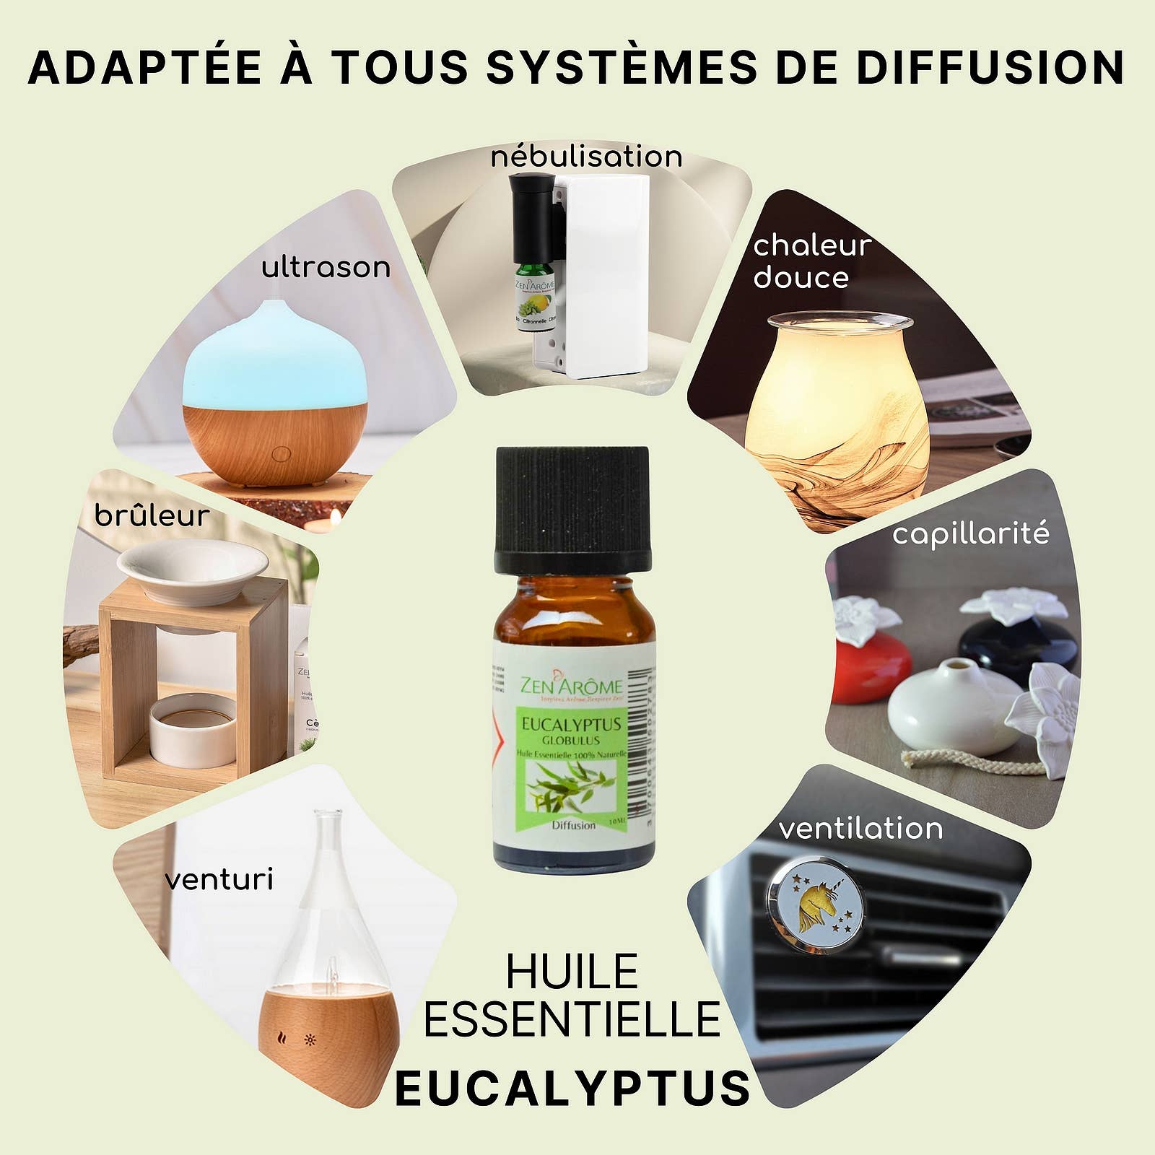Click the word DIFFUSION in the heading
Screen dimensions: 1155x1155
click(x=990, y=68)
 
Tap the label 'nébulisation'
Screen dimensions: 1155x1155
click(x=586, y=157)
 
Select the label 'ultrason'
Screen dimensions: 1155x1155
click(x=326, y=268)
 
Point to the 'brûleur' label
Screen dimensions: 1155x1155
click(x=152, y=515)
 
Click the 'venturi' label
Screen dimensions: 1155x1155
click(x=219, y=880)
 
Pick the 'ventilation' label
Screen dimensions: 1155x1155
click(x=860, y=828)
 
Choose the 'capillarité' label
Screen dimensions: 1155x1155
click(x=970, y=534)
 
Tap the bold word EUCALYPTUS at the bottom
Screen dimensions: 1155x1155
click(x=573, y=1089)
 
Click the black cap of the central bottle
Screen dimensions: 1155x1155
click(x=572, y=505)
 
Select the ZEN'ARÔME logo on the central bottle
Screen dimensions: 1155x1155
click(x=571, y=686)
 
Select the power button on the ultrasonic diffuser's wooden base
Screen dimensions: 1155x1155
click(x=281, y=454)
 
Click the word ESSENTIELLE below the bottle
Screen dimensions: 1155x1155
click(x=572, y=1019)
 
